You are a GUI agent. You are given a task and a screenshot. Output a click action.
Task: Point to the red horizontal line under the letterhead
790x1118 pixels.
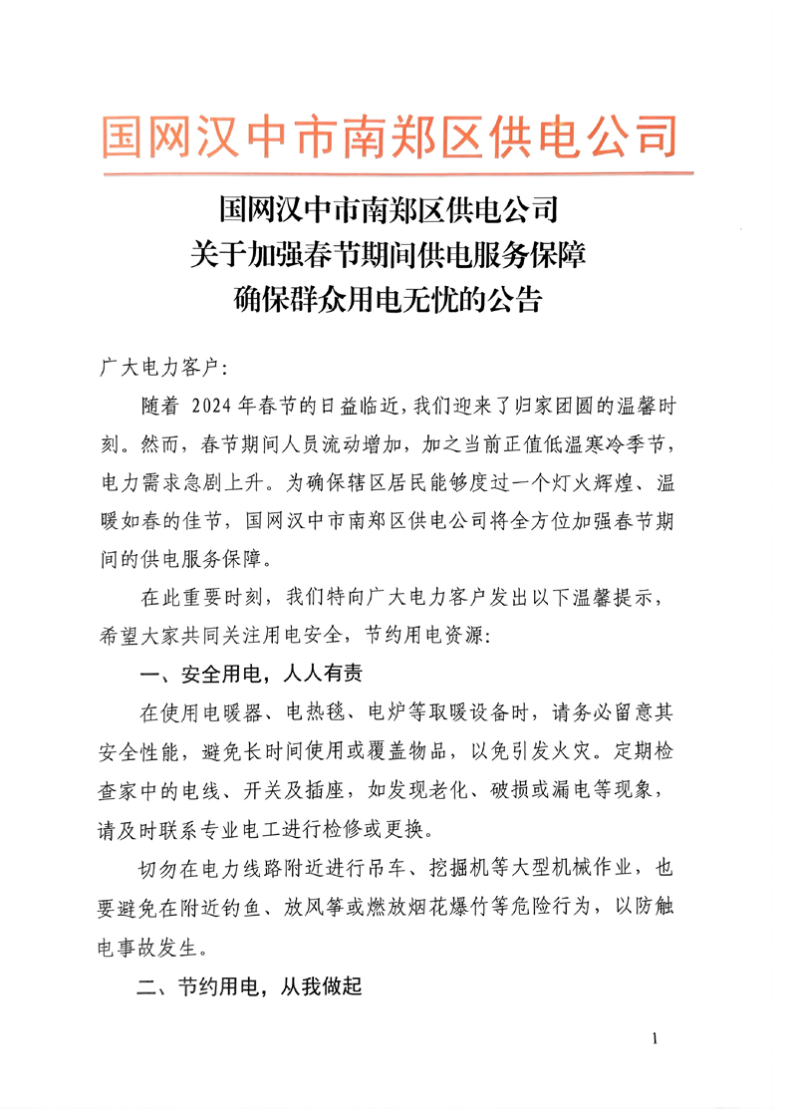[x=395, y=175]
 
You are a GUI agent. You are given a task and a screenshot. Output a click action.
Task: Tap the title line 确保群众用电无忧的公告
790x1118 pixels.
[x=388, y=299]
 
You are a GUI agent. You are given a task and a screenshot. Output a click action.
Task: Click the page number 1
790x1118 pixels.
[x=655, y=1039]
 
